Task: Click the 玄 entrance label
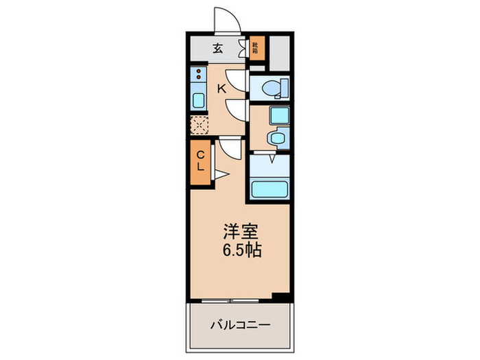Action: point(217,48)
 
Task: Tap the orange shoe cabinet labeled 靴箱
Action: point(255,48)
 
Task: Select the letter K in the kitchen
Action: point(221,88)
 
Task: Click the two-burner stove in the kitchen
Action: point(197,75)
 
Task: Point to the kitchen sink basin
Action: point(197,100)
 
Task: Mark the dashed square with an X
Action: point(199,124)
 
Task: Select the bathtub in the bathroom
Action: point(270,189)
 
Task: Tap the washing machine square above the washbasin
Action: point(280,115)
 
